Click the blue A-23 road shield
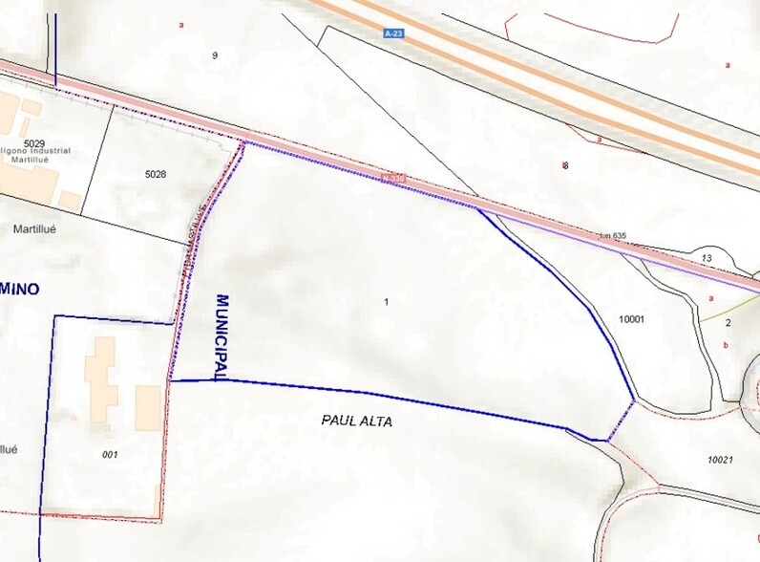(x=392, y=33)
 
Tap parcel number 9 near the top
(x=215, y=55)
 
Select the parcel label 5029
(x=35, y=144)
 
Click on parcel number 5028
(x=156, y=174)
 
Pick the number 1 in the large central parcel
(x=386, y=302)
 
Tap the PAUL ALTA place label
(x=357, y=421)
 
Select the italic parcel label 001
(x=109, y=454)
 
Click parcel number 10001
(x=633, y=318)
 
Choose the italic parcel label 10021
(x=720, y=460)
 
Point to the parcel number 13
(x=707, y=258)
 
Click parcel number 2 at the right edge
(x=728, y=322)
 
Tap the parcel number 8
(x=565, y=165)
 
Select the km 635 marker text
(x=612, y=234)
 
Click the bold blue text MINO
(x=19, y=288)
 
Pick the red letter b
(x=727, y=345)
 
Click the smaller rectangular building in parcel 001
(x=148, y=408)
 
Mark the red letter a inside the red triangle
(x=599, y=140)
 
